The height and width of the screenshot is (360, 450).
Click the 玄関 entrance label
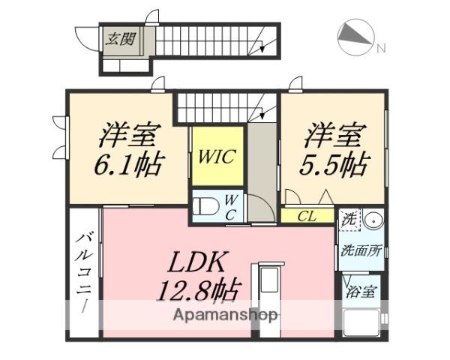tap(121, 38)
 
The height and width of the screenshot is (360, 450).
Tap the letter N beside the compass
tap(381, 49)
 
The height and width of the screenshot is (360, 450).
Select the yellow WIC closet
tap(217, 157)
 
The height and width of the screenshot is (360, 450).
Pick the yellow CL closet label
tap(306, 216)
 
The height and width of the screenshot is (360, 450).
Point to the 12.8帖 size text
tap(196, 289)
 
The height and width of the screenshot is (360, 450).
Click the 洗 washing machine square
tap(350, 220)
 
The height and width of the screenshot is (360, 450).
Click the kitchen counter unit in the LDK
tap(270, 292)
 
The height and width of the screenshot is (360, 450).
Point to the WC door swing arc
tap(259, 207)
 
